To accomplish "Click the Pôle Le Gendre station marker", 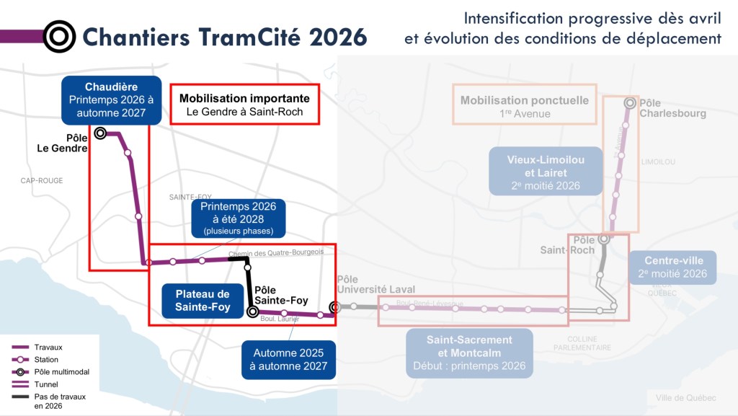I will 100,133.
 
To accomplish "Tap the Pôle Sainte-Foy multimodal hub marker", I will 252,311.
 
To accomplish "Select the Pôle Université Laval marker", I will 334,308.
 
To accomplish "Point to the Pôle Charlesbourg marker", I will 630,103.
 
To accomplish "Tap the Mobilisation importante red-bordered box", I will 244,105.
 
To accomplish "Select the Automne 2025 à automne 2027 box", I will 288,359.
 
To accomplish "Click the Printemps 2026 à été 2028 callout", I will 238,218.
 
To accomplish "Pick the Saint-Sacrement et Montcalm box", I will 469,353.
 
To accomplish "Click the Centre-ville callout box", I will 672,267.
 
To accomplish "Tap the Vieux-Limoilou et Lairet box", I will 546,172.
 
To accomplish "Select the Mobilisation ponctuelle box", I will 524,106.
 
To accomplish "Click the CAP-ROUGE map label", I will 42,180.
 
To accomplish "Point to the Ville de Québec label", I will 686,399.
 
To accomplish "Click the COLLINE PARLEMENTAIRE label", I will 589,343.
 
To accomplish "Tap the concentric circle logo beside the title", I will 59,36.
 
